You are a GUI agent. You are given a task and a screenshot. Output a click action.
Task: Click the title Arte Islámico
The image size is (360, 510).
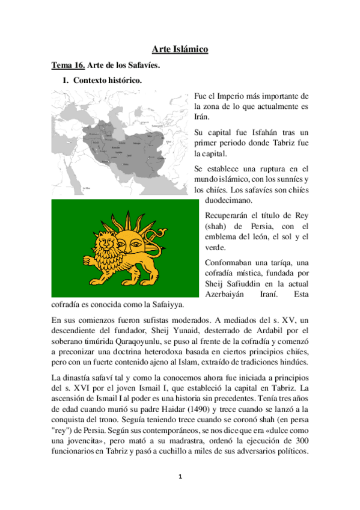point(180,49)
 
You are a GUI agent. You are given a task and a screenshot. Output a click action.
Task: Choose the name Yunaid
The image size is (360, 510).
point(187,330)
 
